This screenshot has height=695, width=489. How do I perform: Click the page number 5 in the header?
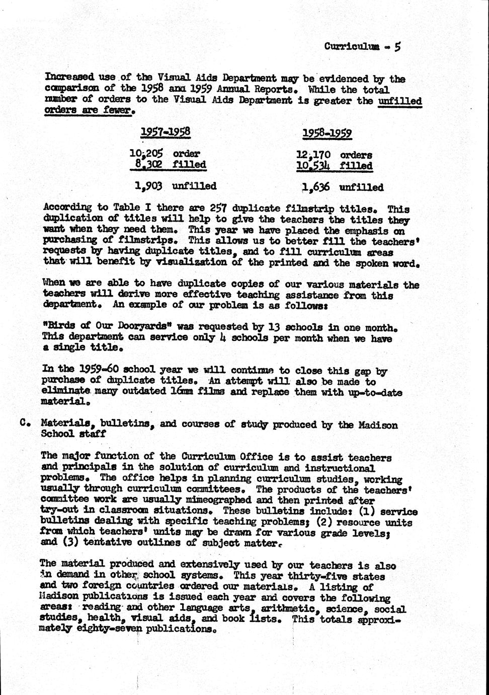click(397, 47)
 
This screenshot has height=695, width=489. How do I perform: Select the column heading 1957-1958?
click(165, 132)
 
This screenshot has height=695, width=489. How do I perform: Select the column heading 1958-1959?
click(327, 133)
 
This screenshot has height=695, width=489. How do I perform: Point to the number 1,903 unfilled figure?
click(148, 186)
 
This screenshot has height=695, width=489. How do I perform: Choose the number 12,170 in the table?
click(314, 155)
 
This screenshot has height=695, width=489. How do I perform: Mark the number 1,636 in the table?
click(316, 187)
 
